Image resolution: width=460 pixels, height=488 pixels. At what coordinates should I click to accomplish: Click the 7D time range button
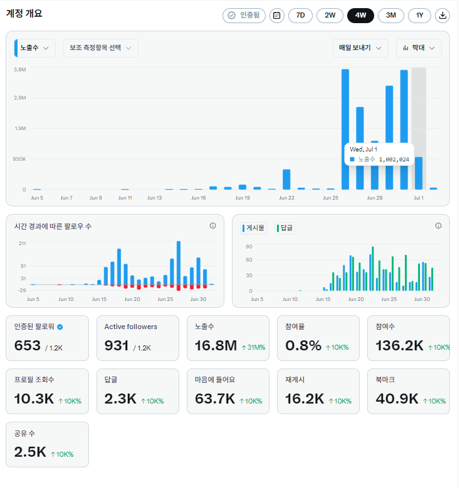coord(301,16)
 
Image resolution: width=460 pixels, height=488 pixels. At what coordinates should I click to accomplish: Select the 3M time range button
coord(392,16)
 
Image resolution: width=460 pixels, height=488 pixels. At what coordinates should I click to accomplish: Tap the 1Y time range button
coord(421,16)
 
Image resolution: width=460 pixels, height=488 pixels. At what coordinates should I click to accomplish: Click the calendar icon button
coord(278,16)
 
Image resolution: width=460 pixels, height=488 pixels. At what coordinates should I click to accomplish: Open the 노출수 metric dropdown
coord(35,48)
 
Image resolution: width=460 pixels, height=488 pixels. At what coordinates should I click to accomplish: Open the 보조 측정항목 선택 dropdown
coord(101,48)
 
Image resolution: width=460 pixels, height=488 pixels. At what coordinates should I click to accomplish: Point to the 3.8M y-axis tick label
coord(20,69)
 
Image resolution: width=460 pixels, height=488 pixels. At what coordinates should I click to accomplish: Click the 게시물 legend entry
coord(254,228)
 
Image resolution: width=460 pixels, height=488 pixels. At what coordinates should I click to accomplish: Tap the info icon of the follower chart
coord(214,226)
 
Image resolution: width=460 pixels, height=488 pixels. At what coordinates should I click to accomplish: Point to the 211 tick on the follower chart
coord(23,244)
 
